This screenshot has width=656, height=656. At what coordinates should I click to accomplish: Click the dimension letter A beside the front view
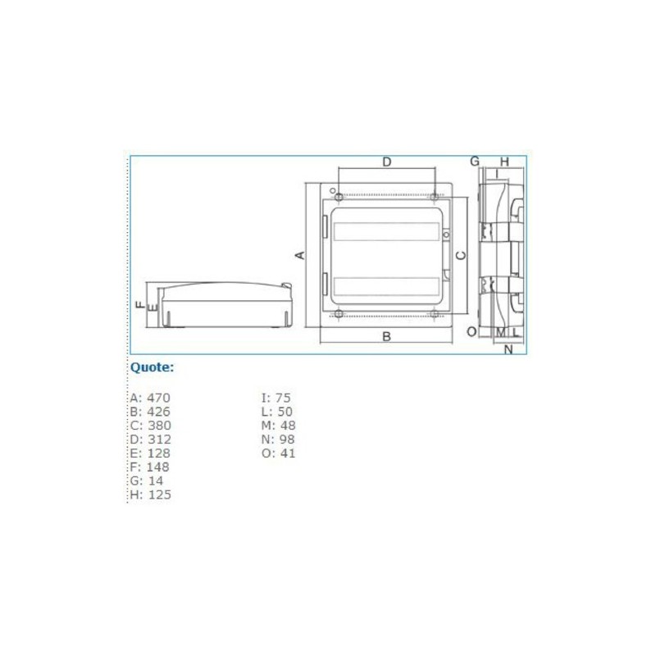point(300,255)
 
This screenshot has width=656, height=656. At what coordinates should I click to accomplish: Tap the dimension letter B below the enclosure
point(386,336)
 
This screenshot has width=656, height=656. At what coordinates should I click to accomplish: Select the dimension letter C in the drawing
point(461,255)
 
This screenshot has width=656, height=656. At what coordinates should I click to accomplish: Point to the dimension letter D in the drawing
point(387,162)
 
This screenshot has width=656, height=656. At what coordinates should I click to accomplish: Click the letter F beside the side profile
point(140,305)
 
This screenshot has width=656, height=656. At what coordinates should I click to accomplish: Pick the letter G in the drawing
point(474,162)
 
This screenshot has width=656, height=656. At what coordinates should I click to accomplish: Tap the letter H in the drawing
point(504,162)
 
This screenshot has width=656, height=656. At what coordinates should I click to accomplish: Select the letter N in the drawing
point(508,349)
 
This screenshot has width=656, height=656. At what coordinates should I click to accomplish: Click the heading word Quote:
point(153,367)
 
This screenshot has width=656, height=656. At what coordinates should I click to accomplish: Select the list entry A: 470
point(149,398)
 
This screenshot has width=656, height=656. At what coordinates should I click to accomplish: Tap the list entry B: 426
point(149,412)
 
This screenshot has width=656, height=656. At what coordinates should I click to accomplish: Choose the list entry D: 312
point(149,440)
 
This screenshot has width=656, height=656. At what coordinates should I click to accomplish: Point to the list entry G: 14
point(146,481)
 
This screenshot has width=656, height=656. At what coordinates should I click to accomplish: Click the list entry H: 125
point(150,495)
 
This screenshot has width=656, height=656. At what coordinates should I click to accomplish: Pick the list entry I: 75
point(276,398)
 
